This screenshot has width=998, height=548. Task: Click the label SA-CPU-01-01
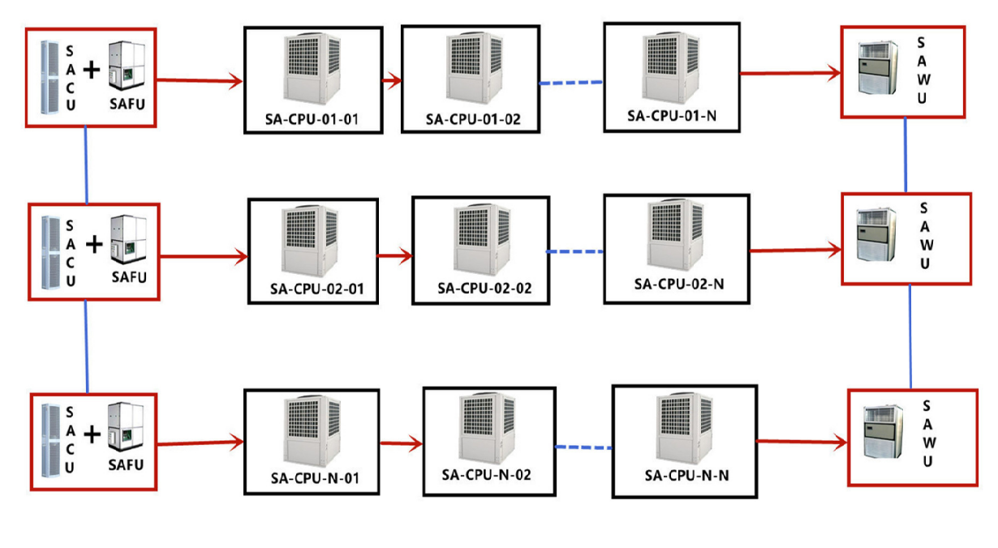click(312, 121)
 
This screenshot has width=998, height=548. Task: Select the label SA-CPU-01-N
click(671, 115)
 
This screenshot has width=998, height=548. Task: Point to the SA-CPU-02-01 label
click(312, 289)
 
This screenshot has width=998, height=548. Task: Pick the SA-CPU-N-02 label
click(487, 474)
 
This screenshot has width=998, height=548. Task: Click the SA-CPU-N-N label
click(686, 475)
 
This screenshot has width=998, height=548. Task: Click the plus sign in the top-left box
click(92, 71)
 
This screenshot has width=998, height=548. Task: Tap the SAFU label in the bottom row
click(126, 465)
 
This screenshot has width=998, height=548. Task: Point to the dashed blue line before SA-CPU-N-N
click(583, 447)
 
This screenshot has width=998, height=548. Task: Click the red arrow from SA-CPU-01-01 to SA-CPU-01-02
click(392, 80)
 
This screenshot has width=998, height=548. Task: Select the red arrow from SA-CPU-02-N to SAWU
click(795, 251)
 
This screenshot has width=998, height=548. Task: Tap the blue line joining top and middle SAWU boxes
click(906, 155)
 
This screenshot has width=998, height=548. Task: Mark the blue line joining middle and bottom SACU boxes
click(87, 345)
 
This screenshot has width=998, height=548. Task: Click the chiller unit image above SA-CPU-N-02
click(488, 426)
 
